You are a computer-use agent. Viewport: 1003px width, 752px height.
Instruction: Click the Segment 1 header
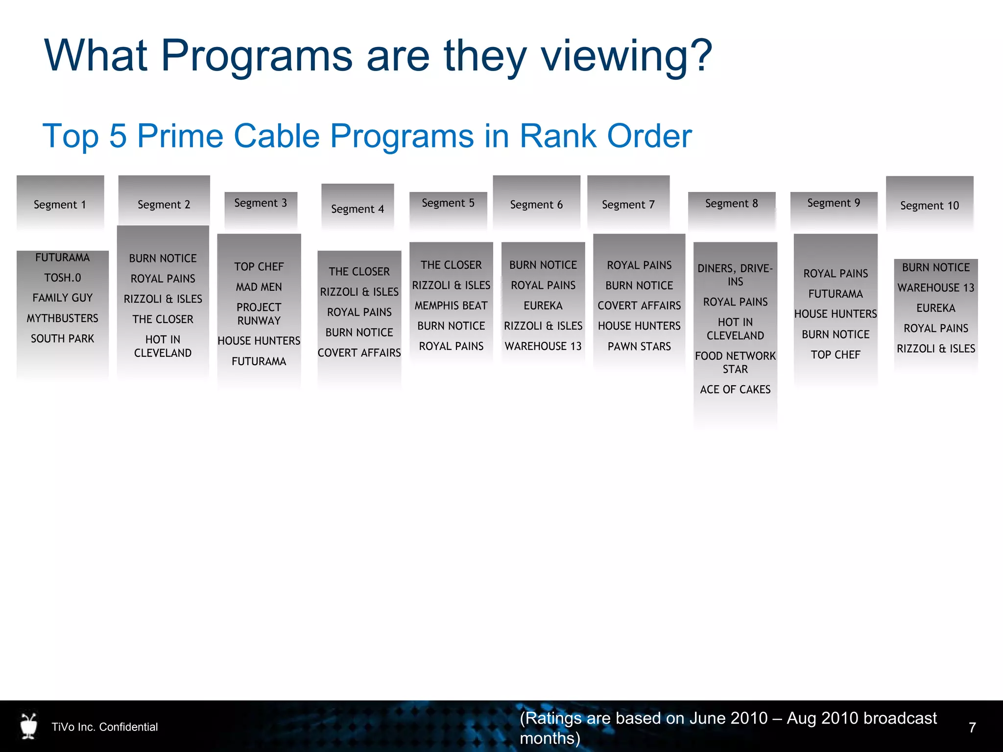(x=60, y=204)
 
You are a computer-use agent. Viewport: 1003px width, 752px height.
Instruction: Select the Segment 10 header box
(x=929, y=205)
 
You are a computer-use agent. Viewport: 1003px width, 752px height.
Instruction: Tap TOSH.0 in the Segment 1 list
(x=62, y=278)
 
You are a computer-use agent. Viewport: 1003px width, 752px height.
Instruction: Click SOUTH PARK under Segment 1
(x=62, y=338)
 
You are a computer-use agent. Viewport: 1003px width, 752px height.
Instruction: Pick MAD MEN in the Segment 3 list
(x=259, y=287)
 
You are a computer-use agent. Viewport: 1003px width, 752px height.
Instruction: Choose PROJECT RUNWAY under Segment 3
(x=259, y=314)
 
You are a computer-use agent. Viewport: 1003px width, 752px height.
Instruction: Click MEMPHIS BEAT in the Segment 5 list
(x=451, y=305)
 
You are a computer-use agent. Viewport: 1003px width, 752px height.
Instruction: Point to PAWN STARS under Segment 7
(x=639, y=346)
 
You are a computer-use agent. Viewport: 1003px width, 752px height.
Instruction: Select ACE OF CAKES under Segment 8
(x=735, y=389)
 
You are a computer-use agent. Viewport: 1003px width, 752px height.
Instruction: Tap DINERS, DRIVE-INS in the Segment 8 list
(x=735, y=275)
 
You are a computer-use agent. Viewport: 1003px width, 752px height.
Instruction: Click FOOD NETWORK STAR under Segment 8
(x=735, y=362)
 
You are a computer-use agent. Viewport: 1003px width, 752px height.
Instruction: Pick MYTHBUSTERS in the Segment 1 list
(x=62, y=318)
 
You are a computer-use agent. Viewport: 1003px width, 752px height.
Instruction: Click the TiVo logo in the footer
(x=29, y=726)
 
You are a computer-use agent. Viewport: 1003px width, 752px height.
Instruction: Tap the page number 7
(x=972, y=728)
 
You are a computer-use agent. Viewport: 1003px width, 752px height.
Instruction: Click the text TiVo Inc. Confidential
(x=105, y=727)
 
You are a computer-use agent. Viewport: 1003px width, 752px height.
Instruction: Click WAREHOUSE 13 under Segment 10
(x=935, y=287)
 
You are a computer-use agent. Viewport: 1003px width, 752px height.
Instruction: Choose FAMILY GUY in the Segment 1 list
(x=62, y=298)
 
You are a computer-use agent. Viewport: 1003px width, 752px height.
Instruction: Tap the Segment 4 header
(x=357, y=209)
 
